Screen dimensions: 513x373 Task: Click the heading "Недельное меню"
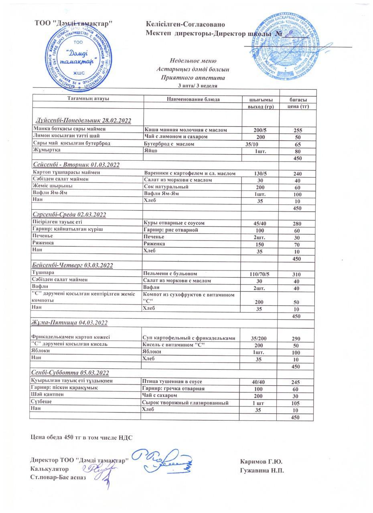click(193, 61)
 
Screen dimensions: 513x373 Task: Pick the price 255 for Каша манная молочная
click(297, 130)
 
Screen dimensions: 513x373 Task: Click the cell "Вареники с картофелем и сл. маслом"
click(190, 174)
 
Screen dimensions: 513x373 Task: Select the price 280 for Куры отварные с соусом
click(297, 223)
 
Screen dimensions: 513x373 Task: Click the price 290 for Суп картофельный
click(297, 339)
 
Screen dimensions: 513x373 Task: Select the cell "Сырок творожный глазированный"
click(185, 403)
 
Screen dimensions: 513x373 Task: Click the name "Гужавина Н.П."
click(262, 470)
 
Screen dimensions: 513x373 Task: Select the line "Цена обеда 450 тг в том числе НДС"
click(81, 437)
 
